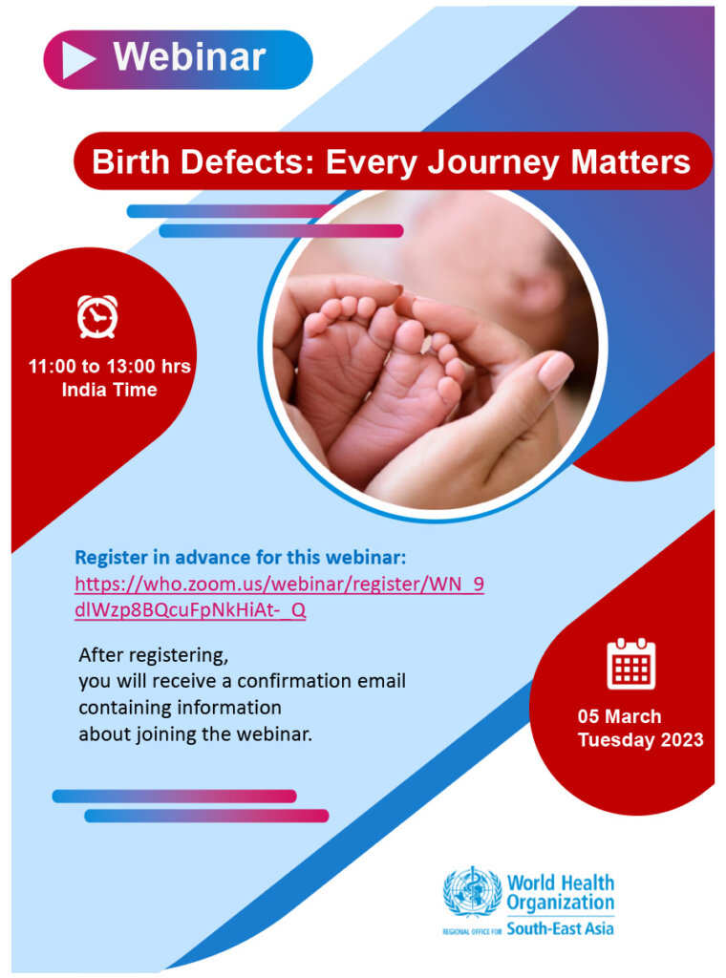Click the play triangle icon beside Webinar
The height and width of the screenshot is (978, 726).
pyautogui.click(x=76, y=59)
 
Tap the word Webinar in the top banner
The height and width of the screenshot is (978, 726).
pyautogui.click(x=189, y=57)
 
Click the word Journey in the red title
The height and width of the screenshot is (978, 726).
pyautogui.click(x=493, y=163)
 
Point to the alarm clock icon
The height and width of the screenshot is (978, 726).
pyautogui.click(x=97, y=317)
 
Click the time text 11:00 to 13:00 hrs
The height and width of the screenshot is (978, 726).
pyautogui.click(x=109, y=366)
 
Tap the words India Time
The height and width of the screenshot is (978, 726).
pyautogui.click(x=109, y=390)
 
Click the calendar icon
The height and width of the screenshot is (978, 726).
pyautogui.click(x=631, y=664)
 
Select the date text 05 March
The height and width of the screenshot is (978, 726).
pyautogui.click(x=619, y=716)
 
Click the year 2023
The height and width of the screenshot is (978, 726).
pyautogui.click(x=682, y=740)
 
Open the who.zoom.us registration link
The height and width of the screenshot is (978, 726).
pyautogui.click(x=279, y=597)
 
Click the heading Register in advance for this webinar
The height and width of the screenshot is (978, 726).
pyautogui.click(x=240, y=557)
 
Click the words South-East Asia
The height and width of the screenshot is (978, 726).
pyautogui.click(x=560, y=928)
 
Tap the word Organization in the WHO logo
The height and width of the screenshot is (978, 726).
pyautogui.click(x=560, y=903)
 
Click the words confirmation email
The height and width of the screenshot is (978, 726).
pyautogui.click(x=321, y=680)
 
